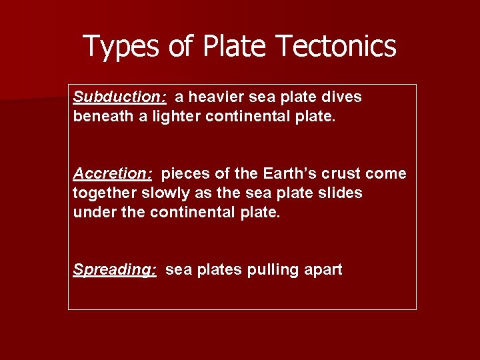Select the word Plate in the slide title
(234, 47)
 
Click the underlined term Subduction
(119, 97)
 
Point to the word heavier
(215, 97)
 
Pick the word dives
(344, 97)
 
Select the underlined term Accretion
(113, 174)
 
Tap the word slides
(340, 193)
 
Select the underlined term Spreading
(115, 270)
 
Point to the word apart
(323, 270)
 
